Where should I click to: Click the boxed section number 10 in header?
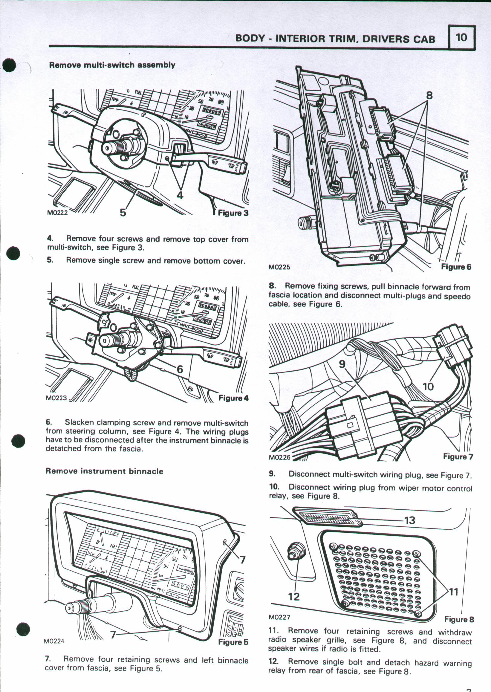[462, 37]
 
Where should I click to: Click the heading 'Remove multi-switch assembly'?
[112, 65]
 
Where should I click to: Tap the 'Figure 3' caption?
[233, 213]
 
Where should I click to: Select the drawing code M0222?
[57, 212]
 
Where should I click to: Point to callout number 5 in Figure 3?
[123, 212]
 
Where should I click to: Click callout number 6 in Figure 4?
[180, 369]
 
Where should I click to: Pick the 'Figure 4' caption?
[233, 398]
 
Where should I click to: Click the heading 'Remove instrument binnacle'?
[104, 471]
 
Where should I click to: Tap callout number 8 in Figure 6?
[429, 96]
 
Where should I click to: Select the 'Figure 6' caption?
[456, 267]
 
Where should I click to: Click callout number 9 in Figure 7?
[342, 364]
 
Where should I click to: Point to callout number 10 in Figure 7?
[429, 386]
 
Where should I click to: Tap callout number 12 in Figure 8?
[294, 596]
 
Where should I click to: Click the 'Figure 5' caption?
[233, 642]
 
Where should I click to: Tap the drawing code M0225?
[279, 267]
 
